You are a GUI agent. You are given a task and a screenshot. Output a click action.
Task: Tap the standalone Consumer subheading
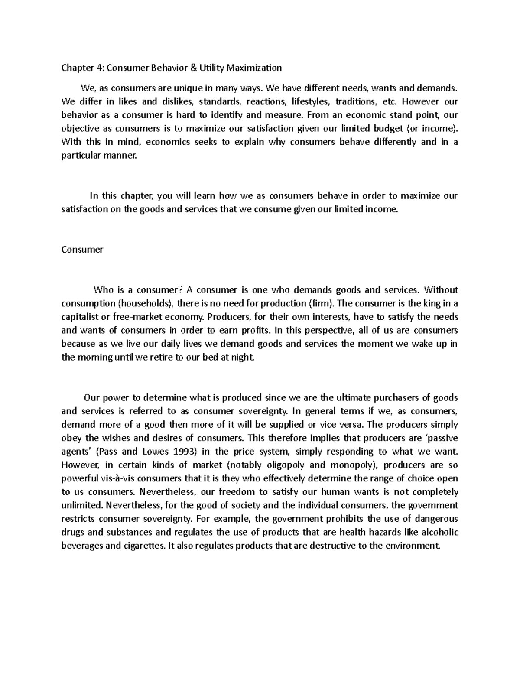coord(82,250)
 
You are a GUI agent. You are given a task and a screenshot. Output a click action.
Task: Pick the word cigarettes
coord(141,546)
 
